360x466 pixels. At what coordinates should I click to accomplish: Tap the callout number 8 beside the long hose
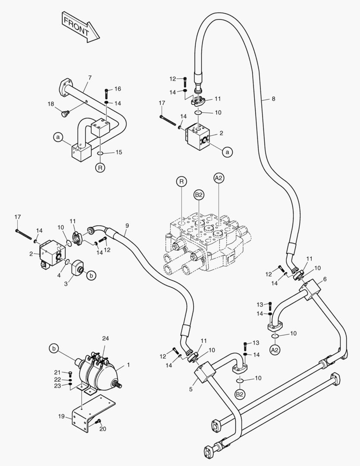click(273, 99)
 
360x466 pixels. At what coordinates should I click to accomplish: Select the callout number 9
click(127, 226)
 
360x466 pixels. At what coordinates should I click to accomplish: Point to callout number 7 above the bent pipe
click(90, 78)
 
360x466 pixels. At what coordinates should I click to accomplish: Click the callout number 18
click(50, 104)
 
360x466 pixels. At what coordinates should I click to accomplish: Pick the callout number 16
click(118, 89)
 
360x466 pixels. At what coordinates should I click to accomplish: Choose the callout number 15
click(119, 152)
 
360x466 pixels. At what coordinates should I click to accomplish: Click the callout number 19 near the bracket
click(61, 416)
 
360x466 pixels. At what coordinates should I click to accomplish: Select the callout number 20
click(103, 428)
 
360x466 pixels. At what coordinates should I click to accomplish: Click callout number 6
click(324, 279)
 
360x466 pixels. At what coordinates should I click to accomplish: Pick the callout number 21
click(57, 372)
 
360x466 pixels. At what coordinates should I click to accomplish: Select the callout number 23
click(57, 386)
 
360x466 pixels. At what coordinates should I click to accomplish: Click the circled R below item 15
click(100, 168)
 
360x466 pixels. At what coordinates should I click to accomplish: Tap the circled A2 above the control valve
click(219, 178)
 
